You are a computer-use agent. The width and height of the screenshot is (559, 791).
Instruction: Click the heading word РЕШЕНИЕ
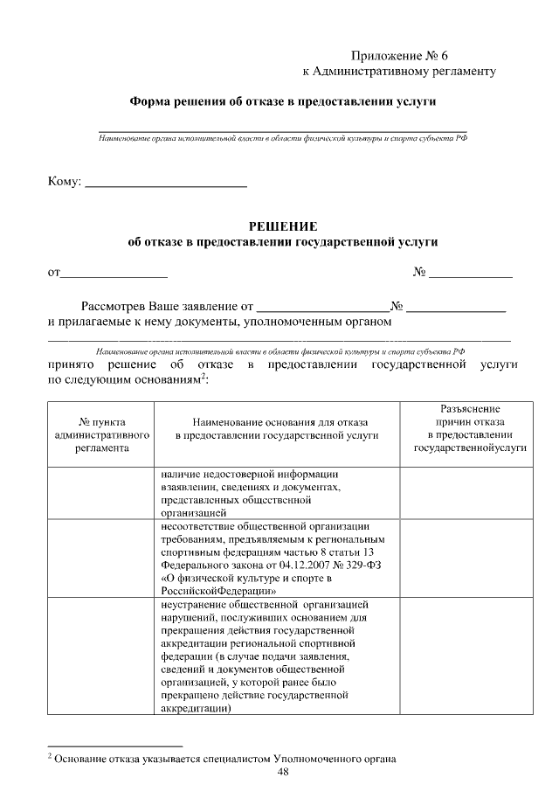pos(282,226)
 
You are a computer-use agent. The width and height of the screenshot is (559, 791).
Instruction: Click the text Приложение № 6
pos(403,56)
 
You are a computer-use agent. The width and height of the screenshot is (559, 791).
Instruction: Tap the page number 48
pos(282,772)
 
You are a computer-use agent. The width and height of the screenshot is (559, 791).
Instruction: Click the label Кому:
pos(64,182)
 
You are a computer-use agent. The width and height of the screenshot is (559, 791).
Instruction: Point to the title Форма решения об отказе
pos(282,101)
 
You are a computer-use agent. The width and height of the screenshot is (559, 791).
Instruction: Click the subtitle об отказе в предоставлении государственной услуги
pos(282,242)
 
